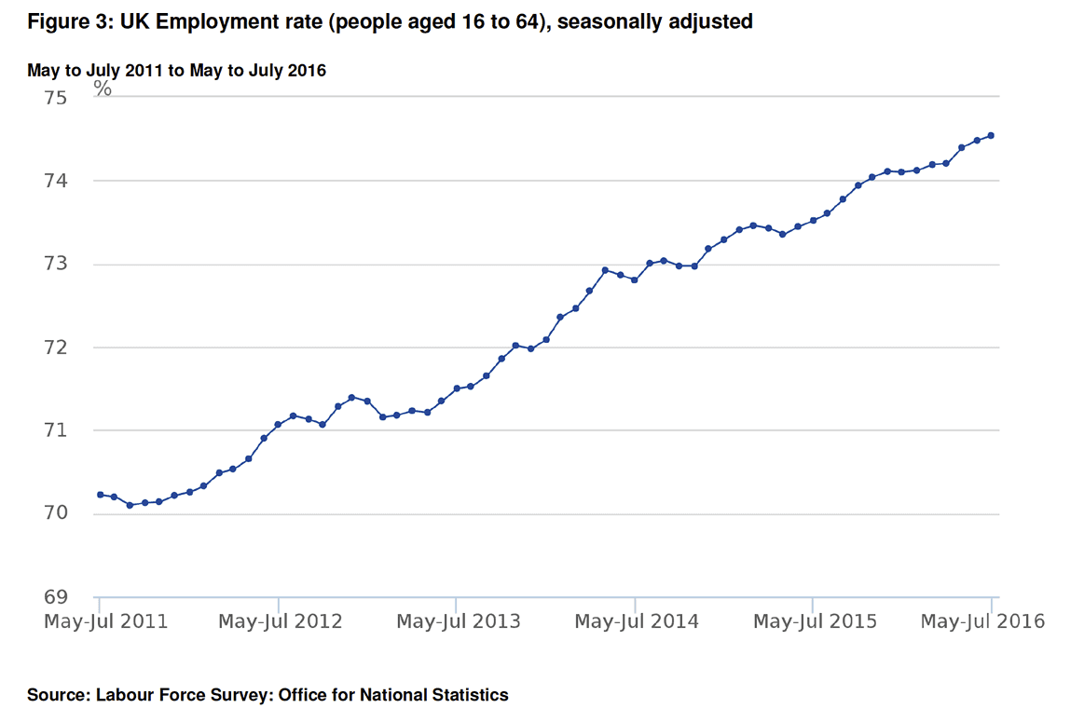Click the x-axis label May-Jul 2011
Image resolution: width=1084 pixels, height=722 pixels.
(105, 621)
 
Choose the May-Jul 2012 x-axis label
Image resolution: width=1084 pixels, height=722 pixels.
(280, 621)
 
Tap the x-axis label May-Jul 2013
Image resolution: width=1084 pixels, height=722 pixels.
(458, 621)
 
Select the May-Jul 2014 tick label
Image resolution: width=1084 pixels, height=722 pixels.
(636, 621)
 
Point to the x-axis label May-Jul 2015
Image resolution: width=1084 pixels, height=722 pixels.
(814, 621)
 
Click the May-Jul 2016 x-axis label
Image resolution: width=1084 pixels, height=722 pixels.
(982, 621)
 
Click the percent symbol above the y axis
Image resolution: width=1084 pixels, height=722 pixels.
(103, 89)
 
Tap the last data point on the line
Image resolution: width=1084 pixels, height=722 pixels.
(991, 135)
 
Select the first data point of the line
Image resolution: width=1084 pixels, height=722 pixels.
(100, 495)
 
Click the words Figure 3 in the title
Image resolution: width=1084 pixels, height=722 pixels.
(65, 22)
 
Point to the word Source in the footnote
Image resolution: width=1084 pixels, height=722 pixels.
(57, 695)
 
